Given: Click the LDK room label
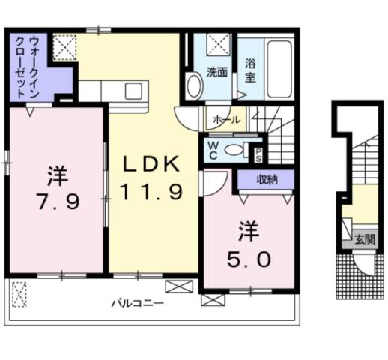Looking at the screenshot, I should [148, 164].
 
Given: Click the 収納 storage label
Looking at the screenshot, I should [267, 179].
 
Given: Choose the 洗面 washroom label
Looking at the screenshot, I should [218, 73].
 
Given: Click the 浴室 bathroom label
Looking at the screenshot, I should [250, 70].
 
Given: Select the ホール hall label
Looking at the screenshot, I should [227, 119].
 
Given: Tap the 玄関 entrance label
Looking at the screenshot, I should [365, 240].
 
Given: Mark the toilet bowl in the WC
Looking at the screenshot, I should [234, 150].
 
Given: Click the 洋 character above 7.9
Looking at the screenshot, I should [56, 177].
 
